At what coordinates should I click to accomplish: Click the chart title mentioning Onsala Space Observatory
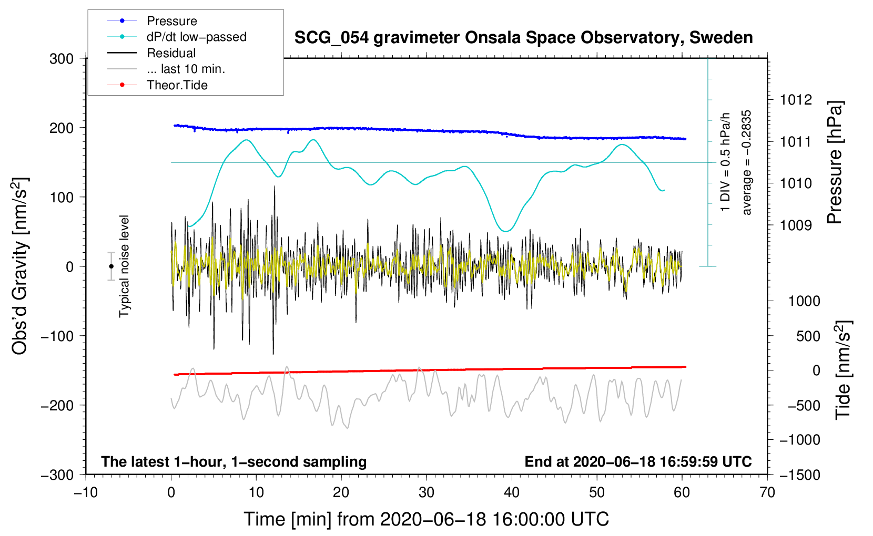523,38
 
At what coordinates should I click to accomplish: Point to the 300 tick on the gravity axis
62,59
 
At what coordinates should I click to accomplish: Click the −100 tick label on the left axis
57,336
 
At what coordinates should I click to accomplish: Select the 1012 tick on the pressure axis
796,100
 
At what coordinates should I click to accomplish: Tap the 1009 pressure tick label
796,225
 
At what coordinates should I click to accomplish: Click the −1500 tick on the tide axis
800,475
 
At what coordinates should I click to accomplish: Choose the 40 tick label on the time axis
511,493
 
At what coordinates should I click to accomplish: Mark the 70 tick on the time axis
767,493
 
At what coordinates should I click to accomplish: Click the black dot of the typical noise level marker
111,266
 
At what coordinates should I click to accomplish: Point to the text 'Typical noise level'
124,266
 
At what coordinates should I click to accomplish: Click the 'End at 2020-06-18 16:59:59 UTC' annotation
638,461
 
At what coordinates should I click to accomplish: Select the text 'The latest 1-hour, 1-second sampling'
234,462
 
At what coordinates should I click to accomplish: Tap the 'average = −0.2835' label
746,162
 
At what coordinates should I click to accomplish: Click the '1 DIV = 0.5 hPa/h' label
725,162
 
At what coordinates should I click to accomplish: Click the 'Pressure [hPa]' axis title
835,162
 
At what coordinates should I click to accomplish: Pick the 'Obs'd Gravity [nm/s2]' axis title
19,266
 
